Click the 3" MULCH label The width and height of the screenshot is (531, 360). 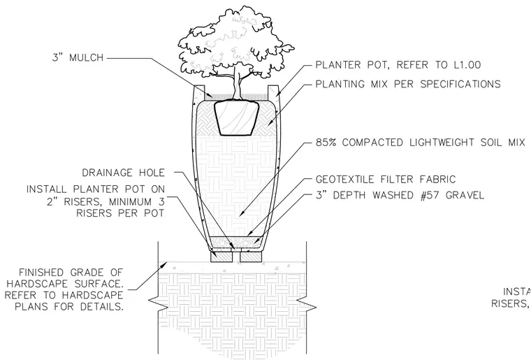(78, 57)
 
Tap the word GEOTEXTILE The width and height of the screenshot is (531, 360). (345, 179)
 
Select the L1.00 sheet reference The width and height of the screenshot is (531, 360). (467, 65)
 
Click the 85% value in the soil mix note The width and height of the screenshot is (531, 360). (326, 143)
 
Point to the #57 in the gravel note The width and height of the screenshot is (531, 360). (429, 196)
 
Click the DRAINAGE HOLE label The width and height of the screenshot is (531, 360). (123, 173)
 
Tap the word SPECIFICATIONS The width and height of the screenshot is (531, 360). (460, 84)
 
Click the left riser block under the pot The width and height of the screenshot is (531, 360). (221, 257)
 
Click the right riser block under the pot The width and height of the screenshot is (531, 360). (251, 257)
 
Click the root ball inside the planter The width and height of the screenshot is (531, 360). (237, 118)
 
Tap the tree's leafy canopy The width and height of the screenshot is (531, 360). (236, 40)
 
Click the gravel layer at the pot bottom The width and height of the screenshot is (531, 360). (236, 242)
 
